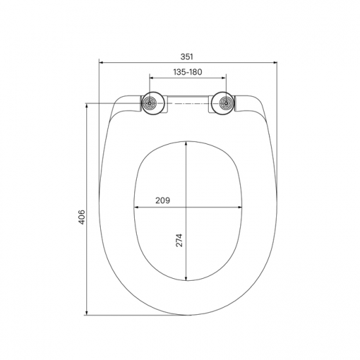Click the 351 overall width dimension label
click(x=189, y=56)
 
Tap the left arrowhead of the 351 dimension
click(x=101, y=63)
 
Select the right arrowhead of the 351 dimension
click(x=275, y=63)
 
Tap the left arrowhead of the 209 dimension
click(x=136, y=207)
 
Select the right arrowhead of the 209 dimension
click(x=242, y=207)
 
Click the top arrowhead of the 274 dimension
click(x=187, y=143)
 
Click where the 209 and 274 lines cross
click(x=187, y=207)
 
